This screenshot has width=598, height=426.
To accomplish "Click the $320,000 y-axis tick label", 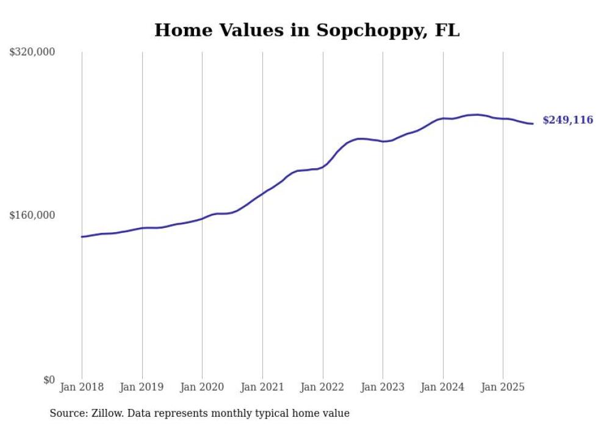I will coord(32,52).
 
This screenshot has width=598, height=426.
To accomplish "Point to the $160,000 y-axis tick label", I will coord(32,215).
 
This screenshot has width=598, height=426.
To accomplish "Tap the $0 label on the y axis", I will coord(49,380).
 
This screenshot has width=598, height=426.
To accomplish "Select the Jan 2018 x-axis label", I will coord(82,387).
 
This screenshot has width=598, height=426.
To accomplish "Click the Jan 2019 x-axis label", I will coord(142,387).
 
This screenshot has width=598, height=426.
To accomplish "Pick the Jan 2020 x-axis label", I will coord(202,387).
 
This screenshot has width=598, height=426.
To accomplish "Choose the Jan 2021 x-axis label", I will coord(262,387).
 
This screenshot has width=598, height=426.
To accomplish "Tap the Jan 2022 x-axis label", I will coord(323,387).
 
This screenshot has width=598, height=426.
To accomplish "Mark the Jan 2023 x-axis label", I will coord(383,387).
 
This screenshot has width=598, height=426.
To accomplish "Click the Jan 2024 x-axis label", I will coord(443,387).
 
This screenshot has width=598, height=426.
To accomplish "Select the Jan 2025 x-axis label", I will coord(503,387).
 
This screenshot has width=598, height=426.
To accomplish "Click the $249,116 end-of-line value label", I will coord(567,120).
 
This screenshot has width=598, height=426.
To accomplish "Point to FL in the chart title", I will coord(447,30).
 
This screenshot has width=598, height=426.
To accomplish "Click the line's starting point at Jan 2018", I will coord(82,236).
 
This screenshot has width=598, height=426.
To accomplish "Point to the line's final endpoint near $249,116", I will coord(533,124).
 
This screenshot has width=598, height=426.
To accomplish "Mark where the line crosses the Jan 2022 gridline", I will coord(323,166).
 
